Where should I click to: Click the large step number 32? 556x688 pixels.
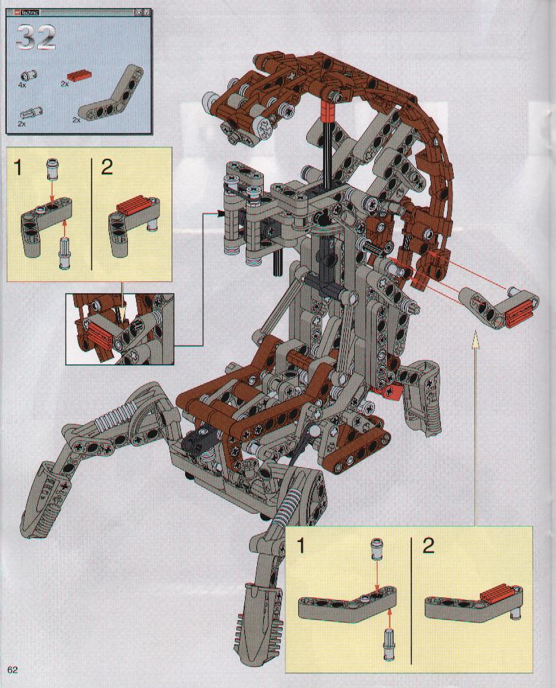point(36,37)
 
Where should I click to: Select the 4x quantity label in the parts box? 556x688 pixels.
point(22,85)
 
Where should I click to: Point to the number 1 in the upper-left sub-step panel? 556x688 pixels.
point(18,168)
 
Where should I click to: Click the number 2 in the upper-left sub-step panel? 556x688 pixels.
point(107,168)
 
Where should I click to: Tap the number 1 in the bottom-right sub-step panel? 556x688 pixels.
point(302,546)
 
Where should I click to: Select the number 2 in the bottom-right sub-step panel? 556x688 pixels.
point(428,546)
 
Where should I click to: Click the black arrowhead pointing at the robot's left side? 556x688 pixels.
point(219,213)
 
